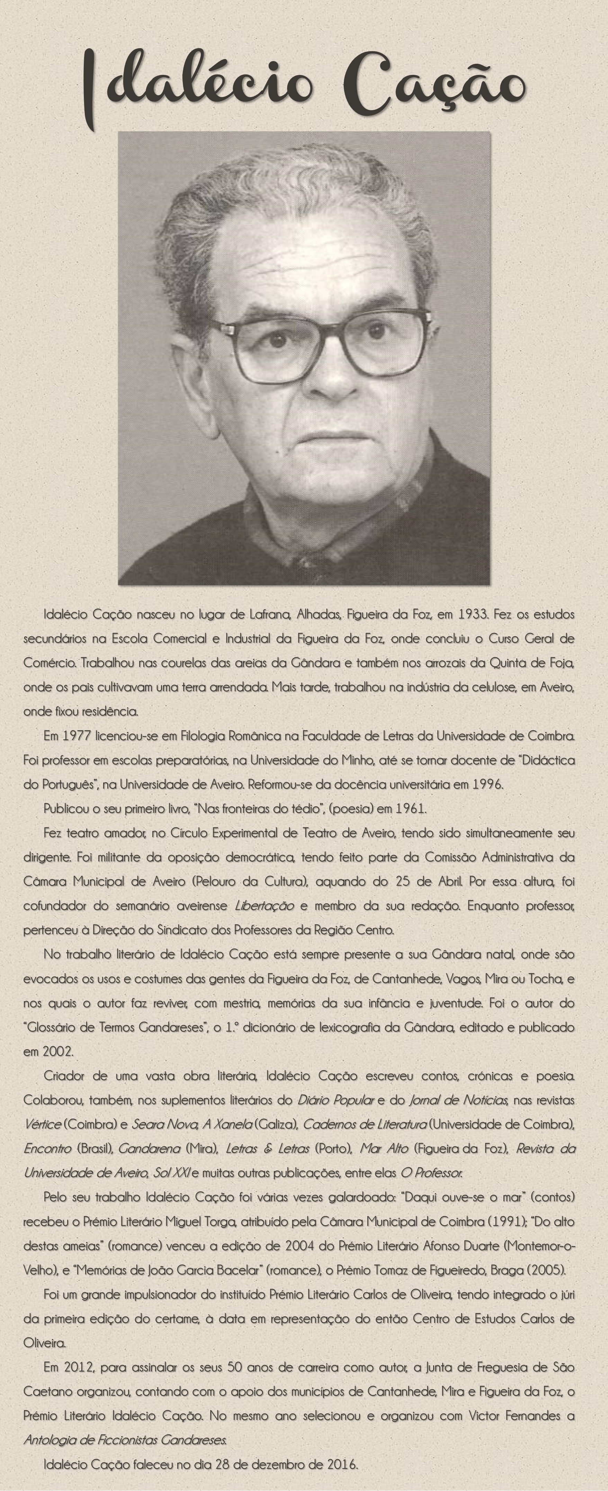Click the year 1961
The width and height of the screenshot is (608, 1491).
[410, 808]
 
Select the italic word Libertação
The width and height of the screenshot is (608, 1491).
[265, 905]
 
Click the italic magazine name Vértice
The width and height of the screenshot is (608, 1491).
[42, 1124]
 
